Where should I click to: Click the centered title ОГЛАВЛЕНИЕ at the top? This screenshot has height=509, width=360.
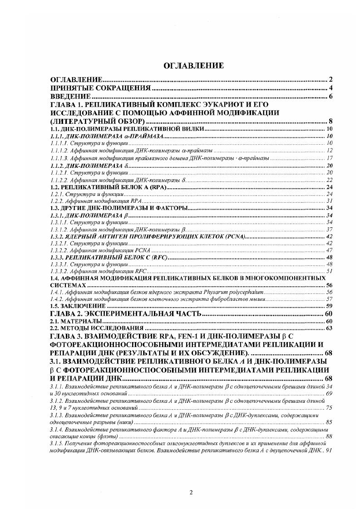click(x=193, y=66)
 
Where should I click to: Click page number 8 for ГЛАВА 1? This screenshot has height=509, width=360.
click(x=331, y=121)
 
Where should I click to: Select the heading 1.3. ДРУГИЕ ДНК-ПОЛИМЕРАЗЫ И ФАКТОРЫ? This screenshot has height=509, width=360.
click(x=119, y=208)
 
